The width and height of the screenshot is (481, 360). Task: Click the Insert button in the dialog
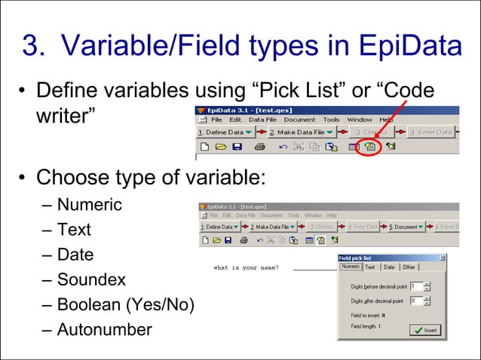pos(427,330)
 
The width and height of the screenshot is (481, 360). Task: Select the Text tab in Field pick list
pos(370,267)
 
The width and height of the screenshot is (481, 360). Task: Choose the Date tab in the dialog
pos(388,267)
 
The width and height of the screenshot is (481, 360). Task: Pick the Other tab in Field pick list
pos(409,267)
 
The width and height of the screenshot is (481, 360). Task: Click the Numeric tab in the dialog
pos(350,266)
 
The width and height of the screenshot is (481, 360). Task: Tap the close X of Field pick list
pos(443,258)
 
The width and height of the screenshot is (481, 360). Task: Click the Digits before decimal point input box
pos(416,286)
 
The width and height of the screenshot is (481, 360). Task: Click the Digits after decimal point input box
pos(416,301)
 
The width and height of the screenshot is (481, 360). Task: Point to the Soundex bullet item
pos(91,279)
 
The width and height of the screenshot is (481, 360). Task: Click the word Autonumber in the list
pos(104,329)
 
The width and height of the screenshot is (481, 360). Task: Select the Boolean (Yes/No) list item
pos(125,304)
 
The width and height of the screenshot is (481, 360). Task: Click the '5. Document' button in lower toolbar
pos(408,227)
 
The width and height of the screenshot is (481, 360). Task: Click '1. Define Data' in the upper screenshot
pos(220,133)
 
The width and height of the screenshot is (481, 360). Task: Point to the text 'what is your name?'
pos(246,267)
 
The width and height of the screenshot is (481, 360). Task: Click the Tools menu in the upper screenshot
pos(332,120)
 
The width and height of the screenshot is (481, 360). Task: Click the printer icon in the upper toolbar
pos(259,147)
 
